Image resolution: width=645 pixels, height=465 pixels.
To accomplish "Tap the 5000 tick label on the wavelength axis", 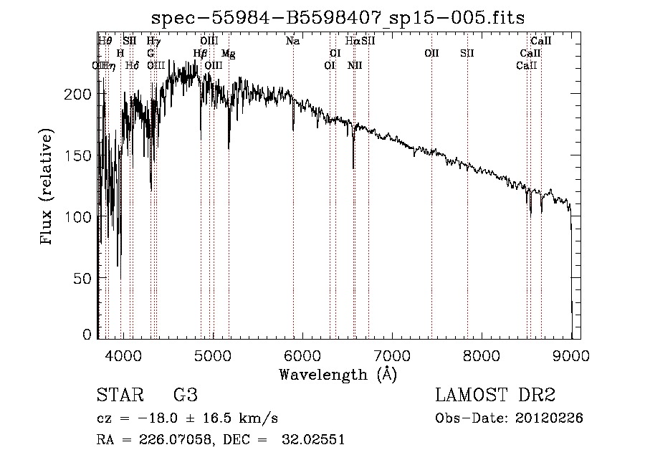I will [212, 355].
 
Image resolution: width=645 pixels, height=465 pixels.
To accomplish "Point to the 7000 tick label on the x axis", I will [392, 355].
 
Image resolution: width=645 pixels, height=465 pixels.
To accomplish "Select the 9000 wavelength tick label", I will [571, 355].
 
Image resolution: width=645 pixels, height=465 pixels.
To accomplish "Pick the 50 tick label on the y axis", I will [85, 277].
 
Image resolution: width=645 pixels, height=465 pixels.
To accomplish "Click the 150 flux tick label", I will [81, 155].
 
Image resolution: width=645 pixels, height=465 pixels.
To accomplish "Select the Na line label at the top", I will [292, 42].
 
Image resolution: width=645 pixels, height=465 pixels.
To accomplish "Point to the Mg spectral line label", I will [228, 54].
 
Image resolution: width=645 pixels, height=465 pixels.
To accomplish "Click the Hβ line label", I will [201, 54].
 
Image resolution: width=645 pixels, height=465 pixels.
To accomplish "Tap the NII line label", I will [355, 66].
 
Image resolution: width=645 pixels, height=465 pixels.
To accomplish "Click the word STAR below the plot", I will [119, 396].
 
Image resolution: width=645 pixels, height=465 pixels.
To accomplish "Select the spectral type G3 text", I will [185, 396].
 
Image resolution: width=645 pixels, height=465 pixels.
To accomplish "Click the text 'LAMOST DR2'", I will [495, 396].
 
